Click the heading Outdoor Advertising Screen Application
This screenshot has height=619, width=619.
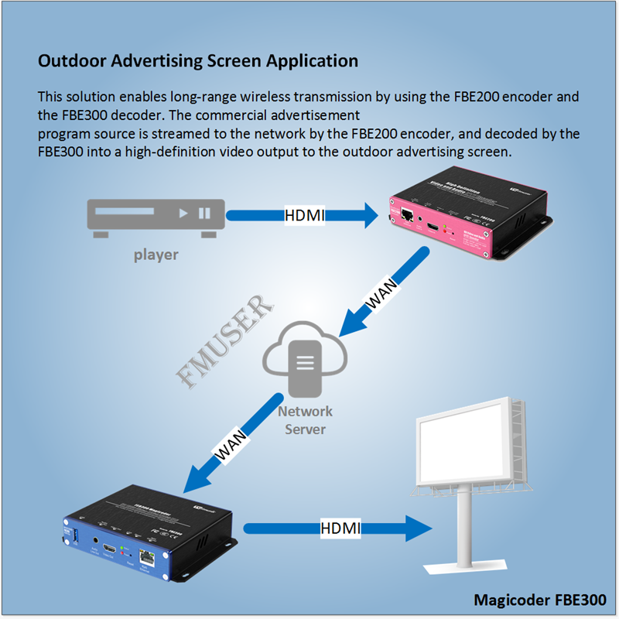point(198,60)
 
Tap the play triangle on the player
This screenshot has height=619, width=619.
point(183,213)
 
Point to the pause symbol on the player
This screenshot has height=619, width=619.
point(204,213)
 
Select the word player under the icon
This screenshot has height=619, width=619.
point(156,255)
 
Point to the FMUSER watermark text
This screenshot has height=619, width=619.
point(225,340)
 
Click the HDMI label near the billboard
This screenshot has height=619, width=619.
point(340,528)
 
